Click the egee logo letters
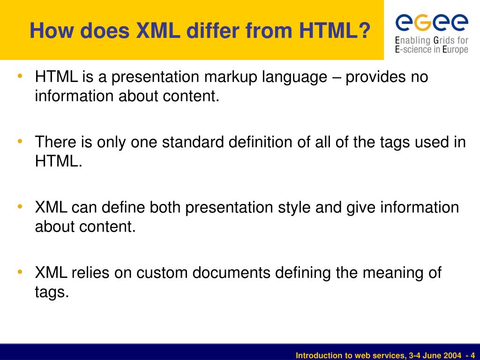(432, 22)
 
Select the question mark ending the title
(364, 31)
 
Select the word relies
(96, 272)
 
